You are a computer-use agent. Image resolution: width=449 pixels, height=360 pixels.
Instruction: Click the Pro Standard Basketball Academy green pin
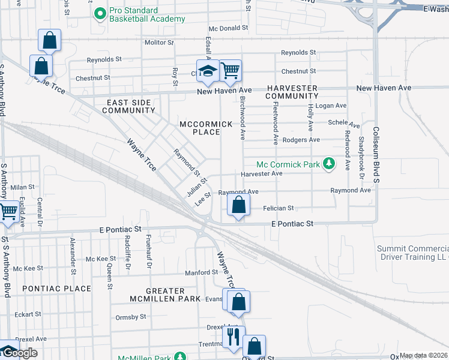100,12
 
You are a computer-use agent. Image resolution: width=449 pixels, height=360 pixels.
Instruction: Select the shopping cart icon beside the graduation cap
230,70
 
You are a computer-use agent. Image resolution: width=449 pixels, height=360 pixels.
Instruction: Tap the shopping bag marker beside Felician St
239,205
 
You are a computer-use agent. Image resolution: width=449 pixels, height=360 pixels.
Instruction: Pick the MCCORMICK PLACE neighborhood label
206,128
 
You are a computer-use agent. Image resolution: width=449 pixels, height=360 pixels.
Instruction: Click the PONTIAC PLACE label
57,289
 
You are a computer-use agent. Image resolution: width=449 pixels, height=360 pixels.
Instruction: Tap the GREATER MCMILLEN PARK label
166,294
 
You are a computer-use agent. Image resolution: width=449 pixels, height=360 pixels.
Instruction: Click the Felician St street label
278,208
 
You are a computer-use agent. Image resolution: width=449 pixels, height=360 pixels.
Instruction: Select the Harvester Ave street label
261,174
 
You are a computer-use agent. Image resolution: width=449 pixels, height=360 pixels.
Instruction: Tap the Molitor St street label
159,43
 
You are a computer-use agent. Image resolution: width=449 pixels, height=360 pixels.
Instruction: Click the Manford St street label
200,272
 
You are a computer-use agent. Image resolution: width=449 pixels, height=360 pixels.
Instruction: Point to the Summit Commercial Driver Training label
412,253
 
